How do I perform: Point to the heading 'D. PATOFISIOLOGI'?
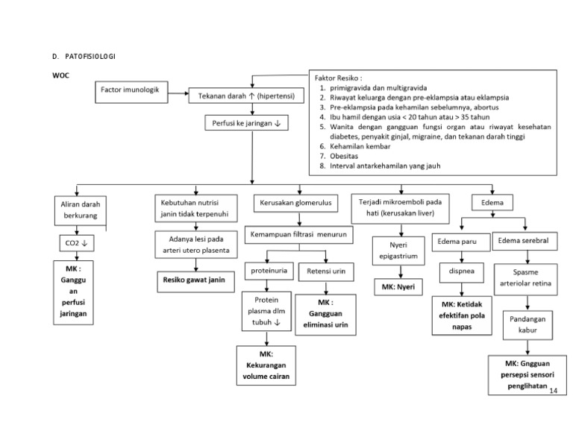coord(84,57)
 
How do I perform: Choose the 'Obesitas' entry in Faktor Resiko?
coord(344,157)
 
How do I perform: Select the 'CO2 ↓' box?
coord(74,243)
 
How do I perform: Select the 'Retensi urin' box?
coord(325,272)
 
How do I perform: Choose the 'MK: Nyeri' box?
coord(398,286)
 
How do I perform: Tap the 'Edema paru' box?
coord(457,241)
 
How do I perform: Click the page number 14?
coord(552,391)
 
